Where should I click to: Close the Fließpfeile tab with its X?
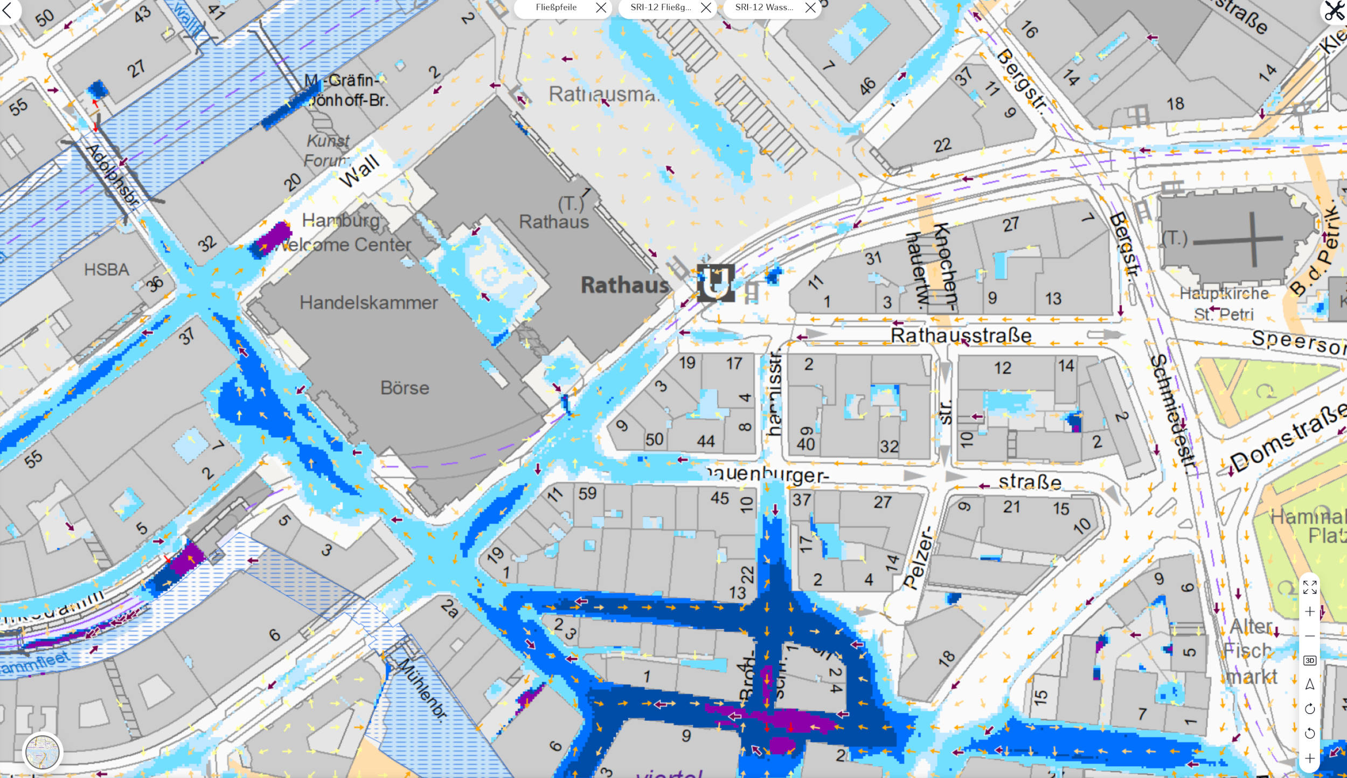coord(601,8)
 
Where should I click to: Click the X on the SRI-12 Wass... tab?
coord(810,8)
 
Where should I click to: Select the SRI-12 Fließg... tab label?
coord(661,8)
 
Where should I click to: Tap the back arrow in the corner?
coord(7,11)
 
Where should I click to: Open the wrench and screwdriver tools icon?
coord(1334,11)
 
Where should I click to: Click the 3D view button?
coord(1309,660)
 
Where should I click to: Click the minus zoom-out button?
coord(1309,636)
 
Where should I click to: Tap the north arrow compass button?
coord(1309,685)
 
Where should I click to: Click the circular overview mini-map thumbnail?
coord(43,752)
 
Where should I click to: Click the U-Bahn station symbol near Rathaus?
coord(716,283)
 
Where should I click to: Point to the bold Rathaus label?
coord(625,285)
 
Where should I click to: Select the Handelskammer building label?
coord(369,303)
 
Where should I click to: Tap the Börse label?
coord(405,388)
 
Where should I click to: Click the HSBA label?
coord(107,270)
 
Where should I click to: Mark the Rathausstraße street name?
coord(961,335)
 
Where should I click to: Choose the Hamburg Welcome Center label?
coord(345,233)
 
